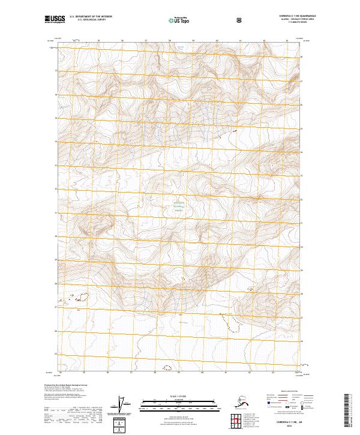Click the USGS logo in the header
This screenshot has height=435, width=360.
(54, 19)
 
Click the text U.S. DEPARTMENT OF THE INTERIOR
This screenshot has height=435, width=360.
(91, 17)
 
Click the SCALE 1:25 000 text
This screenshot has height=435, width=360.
(179, 395)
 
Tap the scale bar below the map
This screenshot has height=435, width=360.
(179, 403)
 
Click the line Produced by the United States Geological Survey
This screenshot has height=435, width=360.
(65, 385)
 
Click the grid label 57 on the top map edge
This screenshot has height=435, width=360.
(145, 41)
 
